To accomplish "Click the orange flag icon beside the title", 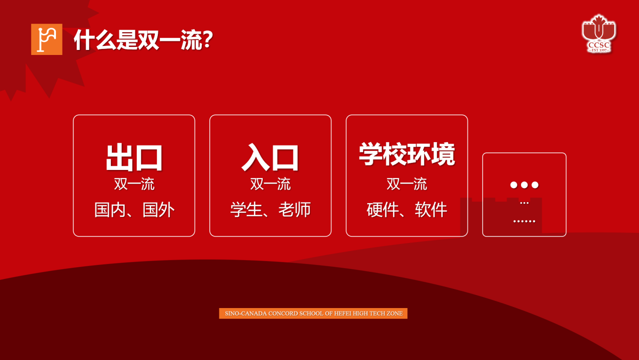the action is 47,39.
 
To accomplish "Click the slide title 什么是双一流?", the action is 144,40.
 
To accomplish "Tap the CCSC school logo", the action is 599,34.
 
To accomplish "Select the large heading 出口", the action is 134,158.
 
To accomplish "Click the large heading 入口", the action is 270,157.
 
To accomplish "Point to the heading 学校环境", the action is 407,154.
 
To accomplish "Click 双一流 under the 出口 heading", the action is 134,184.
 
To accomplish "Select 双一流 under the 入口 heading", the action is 270,184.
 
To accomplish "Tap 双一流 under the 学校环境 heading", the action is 407,184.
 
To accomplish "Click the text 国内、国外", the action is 134,210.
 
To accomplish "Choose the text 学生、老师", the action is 270,210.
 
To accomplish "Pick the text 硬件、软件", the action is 407,210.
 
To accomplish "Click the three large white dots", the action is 525,185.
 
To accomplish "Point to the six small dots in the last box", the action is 525,221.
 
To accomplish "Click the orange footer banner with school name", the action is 313,313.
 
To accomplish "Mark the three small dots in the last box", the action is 525,203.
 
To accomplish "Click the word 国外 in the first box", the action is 158,210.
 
